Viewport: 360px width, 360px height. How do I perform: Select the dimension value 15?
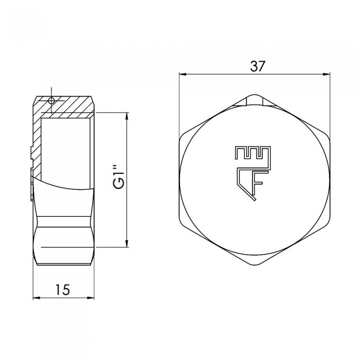[62, 290]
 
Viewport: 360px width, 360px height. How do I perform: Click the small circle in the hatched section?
[50, 101]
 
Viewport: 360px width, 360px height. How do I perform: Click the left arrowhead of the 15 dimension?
[36, 298]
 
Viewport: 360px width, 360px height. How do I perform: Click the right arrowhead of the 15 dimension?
[94, 298]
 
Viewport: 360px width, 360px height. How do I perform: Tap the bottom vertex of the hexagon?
[254, 266]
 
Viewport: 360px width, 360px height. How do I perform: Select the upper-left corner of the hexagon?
[180, 137]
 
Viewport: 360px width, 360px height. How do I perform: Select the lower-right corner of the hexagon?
[329, 224]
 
